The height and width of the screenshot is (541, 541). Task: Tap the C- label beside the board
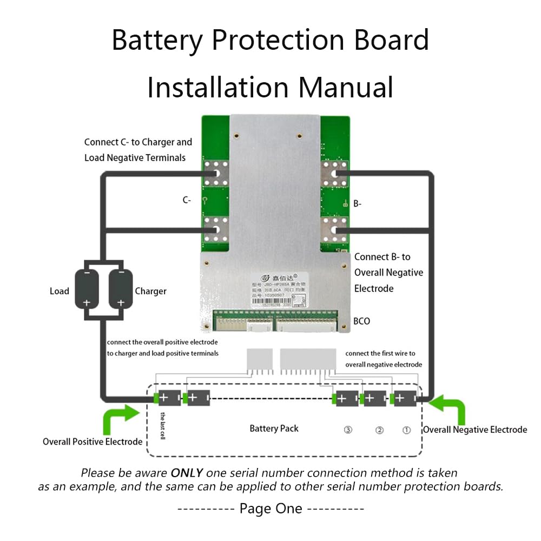pos(187,200)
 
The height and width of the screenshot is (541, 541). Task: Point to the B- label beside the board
pos(358,204)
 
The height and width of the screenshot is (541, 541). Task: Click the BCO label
pos(361,321)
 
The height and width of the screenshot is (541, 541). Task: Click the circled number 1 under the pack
pos(406,430)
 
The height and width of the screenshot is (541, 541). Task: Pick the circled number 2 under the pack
pos(379,430)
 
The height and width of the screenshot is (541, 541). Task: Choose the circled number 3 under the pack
pos(348,430)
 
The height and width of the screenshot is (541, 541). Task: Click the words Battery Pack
pos(274,428)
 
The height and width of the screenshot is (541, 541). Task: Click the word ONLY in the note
pos(187,472)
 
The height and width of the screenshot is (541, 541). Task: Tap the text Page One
pos(271,509)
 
